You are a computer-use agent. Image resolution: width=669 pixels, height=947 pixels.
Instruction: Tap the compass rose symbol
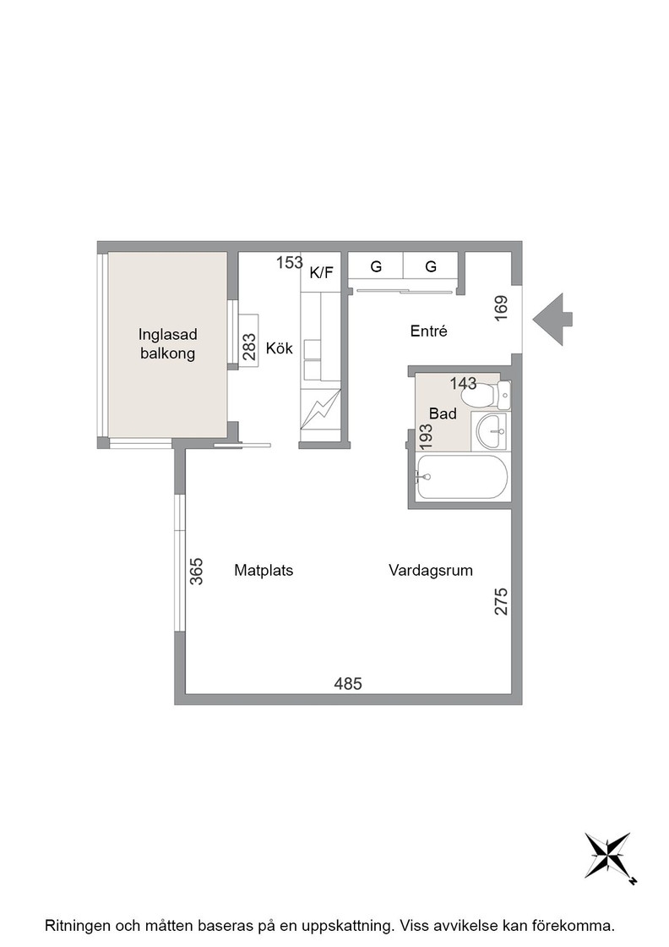[x=610, y=857]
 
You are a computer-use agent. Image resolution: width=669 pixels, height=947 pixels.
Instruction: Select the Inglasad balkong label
[x=168, y=343]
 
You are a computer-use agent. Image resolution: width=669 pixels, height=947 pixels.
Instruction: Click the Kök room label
[x=280, y=348]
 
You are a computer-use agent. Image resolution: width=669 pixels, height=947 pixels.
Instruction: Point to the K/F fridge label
[x=322, y=273]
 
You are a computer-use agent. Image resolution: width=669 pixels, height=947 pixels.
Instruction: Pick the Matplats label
[x=264, y=570]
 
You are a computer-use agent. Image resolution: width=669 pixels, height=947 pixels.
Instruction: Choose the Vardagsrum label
[x=431, y=571]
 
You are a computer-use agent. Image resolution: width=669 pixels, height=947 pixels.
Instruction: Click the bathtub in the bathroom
[x=461, y=477]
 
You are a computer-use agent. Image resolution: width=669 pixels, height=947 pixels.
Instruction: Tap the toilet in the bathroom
[x=485, y=396]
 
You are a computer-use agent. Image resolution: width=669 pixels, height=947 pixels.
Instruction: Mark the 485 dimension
[x=348, y=684]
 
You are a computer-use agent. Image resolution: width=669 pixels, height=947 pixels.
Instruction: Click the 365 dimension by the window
[x=197, y=572]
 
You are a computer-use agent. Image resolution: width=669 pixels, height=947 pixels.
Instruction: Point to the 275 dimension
[x=501, y=601]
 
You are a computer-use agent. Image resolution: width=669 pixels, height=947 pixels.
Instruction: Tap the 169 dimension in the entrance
[x=501, y=308]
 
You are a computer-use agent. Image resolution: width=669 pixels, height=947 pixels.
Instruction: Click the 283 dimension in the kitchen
[x=249, y=348]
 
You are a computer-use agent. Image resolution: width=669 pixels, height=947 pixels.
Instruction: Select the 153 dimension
[x=290, y=263]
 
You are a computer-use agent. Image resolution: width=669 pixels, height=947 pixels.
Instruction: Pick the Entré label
[x=429, y=331]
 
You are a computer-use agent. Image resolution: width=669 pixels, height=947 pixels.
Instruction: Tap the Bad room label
[x=443, y=413]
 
